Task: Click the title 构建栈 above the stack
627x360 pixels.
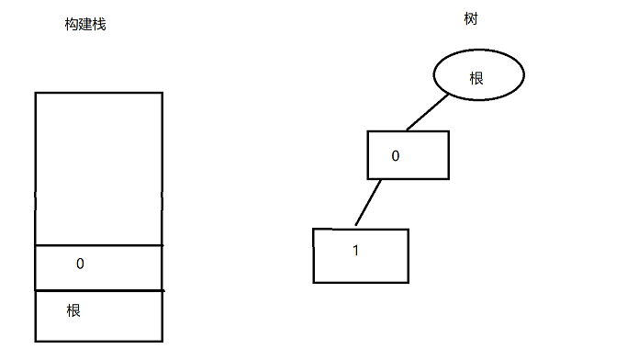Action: pos(85,25)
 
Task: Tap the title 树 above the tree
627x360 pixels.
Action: pos(471,18)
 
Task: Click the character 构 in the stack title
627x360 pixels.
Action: pos(72,25)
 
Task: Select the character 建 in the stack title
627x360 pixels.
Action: pos(85,25)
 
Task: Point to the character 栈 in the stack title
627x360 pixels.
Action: pos(99,25)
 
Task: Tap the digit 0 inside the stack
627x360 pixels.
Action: pos(80,264)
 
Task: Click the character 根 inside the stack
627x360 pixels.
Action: pos(73,310)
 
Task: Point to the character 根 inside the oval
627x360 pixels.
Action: pos(476,78)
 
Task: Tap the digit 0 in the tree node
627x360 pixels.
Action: pos(396,155)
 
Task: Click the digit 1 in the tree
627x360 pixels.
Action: pos(355,251)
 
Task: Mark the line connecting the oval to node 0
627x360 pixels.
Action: pos(427,112)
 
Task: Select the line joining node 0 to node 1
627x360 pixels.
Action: pos(368,202)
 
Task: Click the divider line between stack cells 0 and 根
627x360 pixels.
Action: pos(99,290)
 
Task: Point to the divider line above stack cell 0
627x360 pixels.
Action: pos(99,245)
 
